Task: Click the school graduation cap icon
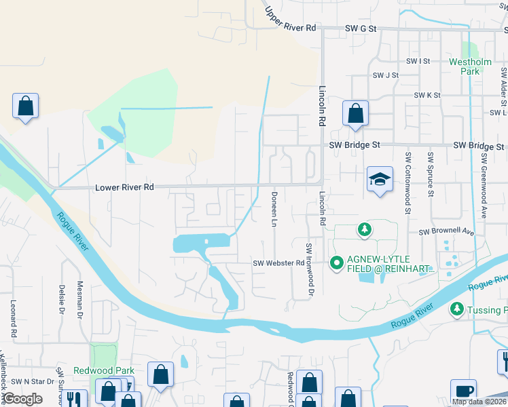(380, 179)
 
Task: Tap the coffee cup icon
(463, 391)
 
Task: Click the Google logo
(23, 399)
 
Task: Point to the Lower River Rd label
(125, 187)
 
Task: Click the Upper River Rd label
(290, 20)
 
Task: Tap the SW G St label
(360, 28)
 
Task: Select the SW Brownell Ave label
(446, 231)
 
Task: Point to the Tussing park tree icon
(457, 309)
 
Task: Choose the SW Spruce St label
(431, 174)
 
